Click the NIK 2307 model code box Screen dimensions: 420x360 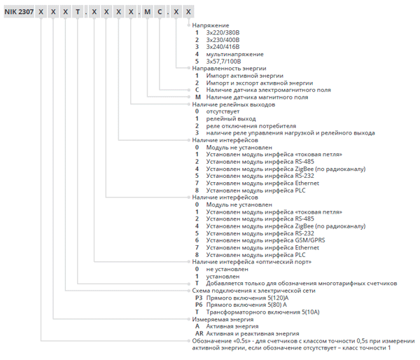(19, 12)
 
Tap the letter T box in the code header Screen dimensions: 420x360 (78, 12)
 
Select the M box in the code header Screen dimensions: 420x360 (147, 12)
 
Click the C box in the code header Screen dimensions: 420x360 (160, 12)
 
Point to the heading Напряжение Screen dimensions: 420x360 (211, 25)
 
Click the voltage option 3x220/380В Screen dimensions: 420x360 (223, 33)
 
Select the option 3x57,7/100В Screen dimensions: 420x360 (223, 62)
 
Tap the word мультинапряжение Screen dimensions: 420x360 (234, 55)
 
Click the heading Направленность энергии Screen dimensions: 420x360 (229, 69)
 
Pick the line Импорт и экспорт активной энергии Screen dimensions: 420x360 (259, 83)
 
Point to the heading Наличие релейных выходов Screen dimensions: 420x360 (234, 104)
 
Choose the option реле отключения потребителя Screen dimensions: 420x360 (251, 126)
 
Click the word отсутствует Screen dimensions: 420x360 (223, 111)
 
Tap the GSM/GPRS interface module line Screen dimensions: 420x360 (265, 240)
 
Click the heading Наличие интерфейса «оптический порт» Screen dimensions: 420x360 (252, 262)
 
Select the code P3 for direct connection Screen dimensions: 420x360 (199, 298)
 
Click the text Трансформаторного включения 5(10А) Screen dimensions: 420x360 (262, 312)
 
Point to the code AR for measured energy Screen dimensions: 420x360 (199, 333)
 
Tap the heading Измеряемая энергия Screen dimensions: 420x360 (223, 319)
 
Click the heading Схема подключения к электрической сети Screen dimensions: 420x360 (253, 291)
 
